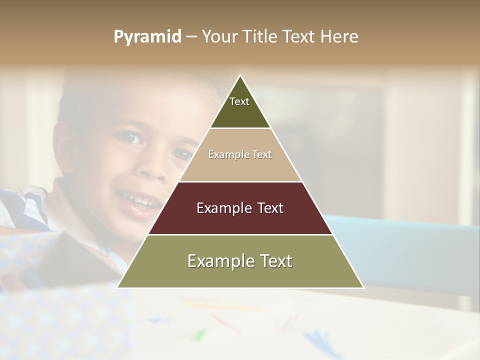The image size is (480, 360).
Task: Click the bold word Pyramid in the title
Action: click(x=147, y=37)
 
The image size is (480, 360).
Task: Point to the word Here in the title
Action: click(x=339, y=37)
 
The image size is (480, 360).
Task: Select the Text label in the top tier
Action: click(x=239, y=101)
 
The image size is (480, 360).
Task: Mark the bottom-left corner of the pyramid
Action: click(x=118, y=287)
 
